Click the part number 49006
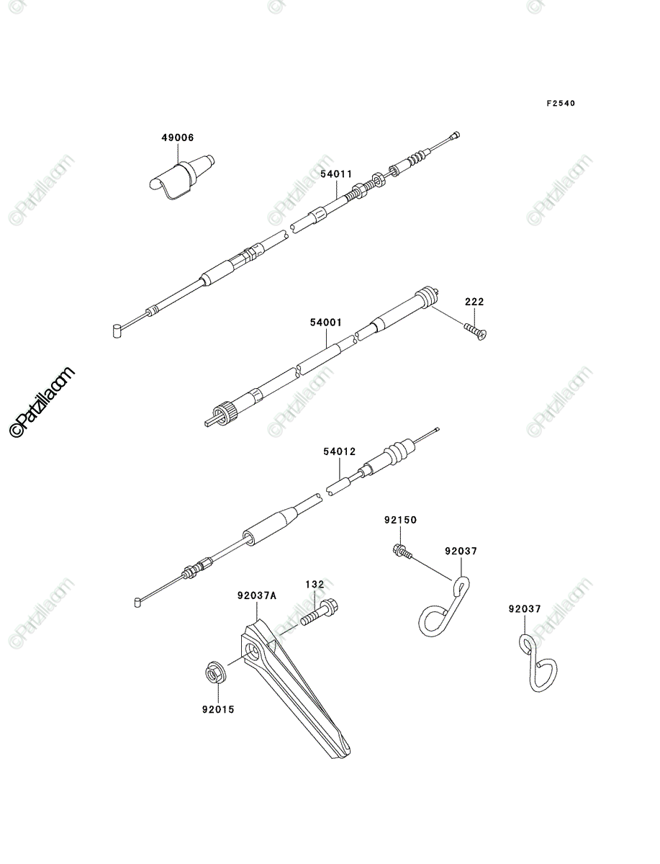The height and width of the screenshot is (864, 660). pyautogui.click(x=177, y=138)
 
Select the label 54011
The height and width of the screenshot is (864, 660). pyautogui.click(x=336, y=174)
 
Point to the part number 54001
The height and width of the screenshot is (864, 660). pyautogui.click(x=326, y=323)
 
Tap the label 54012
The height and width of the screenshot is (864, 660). pyautogui.click(x=340, y=451)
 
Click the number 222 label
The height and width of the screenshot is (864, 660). pyautogui.click(x=474, y=302)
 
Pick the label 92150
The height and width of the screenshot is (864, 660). pyautogui.click(x=400, y=520)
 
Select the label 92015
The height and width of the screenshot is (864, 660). pyautogui.click(x=218, y=709)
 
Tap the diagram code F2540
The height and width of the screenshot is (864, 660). pyautogui.click(x=561, y=104)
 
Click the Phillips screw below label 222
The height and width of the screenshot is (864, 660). pyautogui.click(x=476, y=332)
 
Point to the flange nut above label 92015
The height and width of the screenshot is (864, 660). pyautogui.click(x=215, y=675)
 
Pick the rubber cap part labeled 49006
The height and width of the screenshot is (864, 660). pyautogui.click(x=181, y=177)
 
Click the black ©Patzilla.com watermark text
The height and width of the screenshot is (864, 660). pyautogui.click(x=41, y=402)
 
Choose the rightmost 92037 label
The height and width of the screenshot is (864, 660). pyautogui.click(x=525, y=609)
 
